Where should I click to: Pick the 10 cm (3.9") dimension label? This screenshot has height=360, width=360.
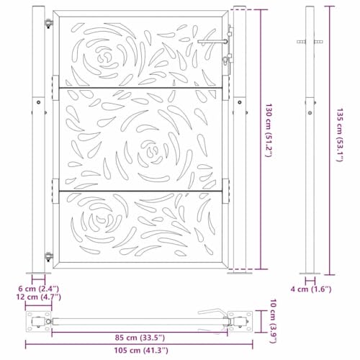coord(269,320)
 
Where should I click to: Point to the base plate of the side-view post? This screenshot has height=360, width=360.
coord(311,272)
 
